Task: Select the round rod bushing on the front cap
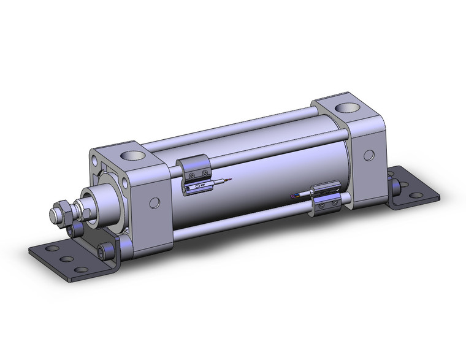101,198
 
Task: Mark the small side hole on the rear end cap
369,155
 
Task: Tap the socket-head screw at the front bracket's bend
111,249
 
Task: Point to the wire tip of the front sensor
229,178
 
